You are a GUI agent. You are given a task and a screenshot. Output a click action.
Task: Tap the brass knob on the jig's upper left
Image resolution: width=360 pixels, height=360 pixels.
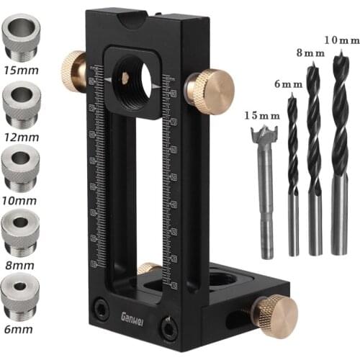tap(73, 71)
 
